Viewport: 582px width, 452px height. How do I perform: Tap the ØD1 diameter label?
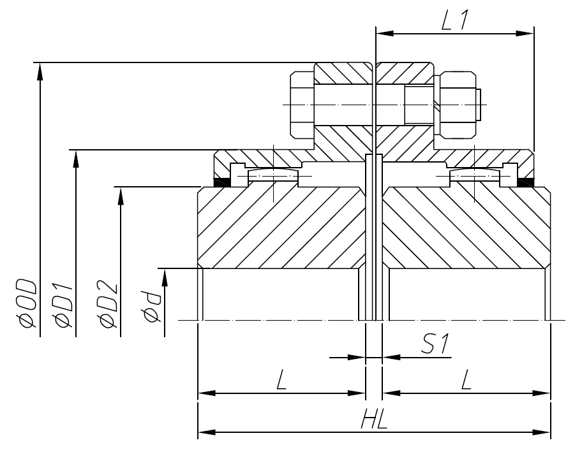(64, 304)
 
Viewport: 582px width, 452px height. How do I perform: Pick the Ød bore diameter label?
(153, 306)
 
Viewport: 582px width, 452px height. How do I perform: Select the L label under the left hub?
(281, 381)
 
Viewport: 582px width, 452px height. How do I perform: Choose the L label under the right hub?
(466, 381)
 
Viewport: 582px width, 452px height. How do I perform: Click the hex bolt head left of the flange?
(302, 105)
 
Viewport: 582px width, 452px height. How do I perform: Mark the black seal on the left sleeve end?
(221, 182)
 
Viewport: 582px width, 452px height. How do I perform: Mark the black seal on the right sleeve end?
(528, 182)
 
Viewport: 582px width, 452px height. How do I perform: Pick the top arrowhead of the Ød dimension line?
(165, 276)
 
